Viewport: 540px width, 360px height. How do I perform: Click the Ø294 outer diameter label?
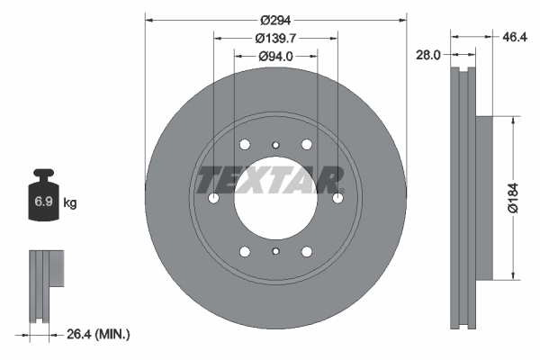(x=275, y=20)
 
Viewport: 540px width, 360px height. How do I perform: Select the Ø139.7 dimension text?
(x=275, y=38)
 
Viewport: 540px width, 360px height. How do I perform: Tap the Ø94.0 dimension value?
(x=275, y=56)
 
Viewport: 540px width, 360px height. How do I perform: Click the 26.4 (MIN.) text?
(x=98, y=334)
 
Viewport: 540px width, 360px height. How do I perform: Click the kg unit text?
(x=70, y=203)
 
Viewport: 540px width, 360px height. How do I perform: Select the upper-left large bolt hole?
(x=245, y=145)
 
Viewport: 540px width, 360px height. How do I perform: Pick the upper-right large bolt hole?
(x=306, y=145)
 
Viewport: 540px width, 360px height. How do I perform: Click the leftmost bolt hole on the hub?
(x=213, y=199)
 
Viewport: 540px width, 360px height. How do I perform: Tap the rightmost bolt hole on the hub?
(x=337, y=199)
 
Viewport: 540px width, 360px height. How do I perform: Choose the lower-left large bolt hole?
(x=245, y=252)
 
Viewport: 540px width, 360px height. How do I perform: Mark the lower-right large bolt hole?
(x=306, y=252)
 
